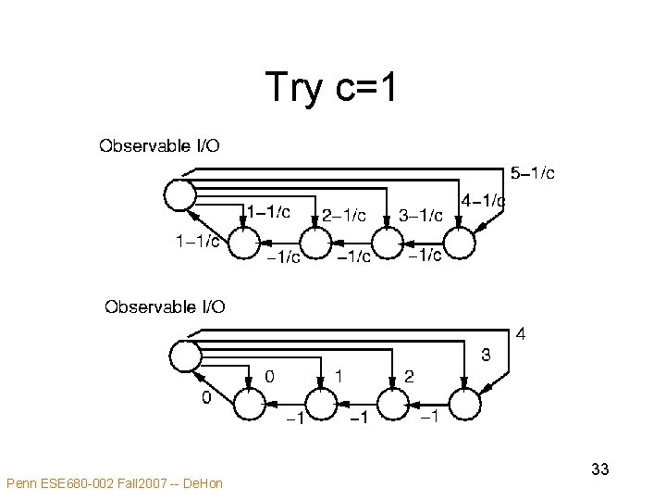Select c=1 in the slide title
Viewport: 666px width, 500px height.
(x=364, y=88)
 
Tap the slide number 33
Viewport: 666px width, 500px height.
(x=599, y=469)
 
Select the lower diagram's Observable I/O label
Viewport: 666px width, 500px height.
(x=165, y=306)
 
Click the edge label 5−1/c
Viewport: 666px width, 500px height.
(x=533, y=173)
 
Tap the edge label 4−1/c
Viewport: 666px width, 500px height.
(x=483, y=200)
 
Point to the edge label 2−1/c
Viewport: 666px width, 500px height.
(x=343, y=215)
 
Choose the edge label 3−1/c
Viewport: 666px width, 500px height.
(x=421, y=215)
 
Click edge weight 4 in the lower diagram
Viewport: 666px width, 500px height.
(x=522, y=332)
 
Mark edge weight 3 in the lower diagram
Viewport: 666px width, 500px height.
(x=484, y=355)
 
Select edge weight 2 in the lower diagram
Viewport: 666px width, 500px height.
(x=409, y=377)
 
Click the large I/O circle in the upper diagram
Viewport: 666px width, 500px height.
(x=179, y=194)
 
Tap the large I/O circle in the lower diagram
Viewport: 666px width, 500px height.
(x=185, y=355)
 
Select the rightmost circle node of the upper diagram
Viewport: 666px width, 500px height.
(x=458, y=244)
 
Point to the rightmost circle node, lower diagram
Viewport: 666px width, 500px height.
(x=465, y=404)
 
